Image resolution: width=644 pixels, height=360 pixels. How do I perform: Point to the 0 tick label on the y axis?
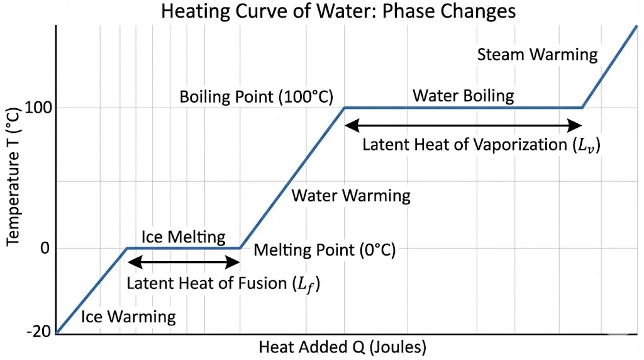pyautogui.click(x=44, y=248)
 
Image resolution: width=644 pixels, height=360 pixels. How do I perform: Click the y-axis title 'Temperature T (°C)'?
pyautogui.click(x=13, y=176)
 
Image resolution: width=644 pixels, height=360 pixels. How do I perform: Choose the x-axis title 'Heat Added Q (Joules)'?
pyautogui.click(x=343, y=347)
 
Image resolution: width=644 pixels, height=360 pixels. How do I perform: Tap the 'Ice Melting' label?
pyautogui.click(x=183, y=237)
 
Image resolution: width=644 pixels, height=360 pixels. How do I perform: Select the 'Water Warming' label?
pyautogui.click(x=351, y=195)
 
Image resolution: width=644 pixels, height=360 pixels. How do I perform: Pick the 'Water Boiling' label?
pyautogui.click(x=464, y=96)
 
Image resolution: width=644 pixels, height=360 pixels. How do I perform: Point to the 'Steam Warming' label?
pyautogui.click(x=537, y=54)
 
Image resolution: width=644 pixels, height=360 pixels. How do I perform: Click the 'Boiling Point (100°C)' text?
pyautogui.click(x=256, y=97)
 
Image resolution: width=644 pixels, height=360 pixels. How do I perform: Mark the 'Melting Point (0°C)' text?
pyautogui.click(x=325, y=250)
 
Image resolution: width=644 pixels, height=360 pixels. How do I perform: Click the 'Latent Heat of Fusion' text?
pyautogui.click(x=223, y=283)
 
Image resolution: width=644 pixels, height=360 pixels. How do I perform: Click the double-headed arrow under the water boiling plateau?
pyautogui.click(x=464, y=125)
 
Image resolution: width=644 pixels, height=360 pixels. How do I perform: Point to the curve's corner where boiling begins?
pyautogui.click(x=344, y=108)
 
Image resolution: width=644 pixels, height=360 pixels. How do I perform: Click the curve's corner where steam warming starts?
pyautogui.click(x=582, y=108)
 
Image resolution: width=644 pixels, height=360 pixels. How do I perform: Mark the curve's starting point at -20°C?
pyautogui.click(x=57, y=333)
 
